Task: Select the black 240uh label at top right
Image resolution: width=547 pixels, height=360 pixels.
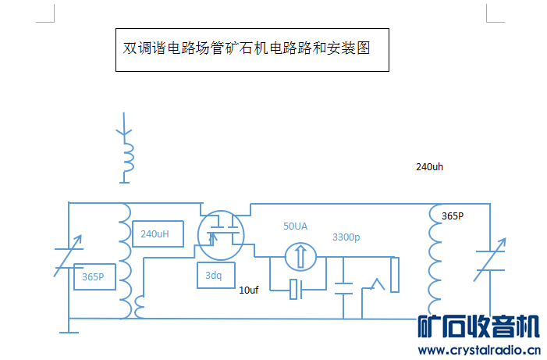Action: (429, 167)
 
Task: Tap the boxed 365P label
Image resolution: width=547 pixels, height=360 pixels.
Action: (95, 277)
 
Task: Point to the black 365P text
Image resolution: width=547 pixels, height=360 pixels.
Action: (453, 216)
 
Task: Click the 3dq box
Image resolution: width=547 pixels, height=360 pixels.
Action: (213, 276)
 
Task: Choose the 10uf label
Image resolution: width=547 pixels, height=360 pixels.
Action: (248, 290)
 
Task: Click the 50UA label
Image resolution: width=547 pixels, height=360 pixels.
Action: (295, 226)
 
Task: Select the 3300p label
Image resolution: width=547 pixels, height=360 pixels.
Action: (346, 237)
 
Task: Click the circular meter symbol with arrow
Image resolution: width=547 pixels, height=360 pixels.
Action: (300, 255)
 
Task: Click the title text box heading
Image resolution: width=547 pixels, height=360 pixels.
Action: (251, 48)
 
